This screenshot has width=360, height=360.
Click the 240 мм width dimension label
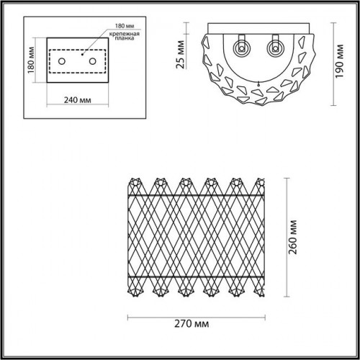click(78, 100)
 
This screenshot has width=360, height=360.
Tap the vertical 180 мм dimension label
click(31, 60)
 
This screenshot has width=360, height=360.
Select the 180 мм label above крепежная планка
click(125, 26)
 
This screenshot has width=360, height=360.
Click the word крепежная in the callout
click(125, 34)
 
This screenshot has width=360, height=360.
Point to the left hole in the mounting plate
click(62, 61)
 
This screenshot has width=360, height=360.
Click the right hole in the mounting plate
click(93, 61)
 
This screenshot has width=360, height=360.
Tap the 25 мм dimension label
click(181, 55)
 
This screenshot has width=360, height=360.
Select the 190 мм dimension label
click(339, 61)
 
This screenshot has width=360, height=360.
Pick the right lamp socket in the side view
click(275, 48)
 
